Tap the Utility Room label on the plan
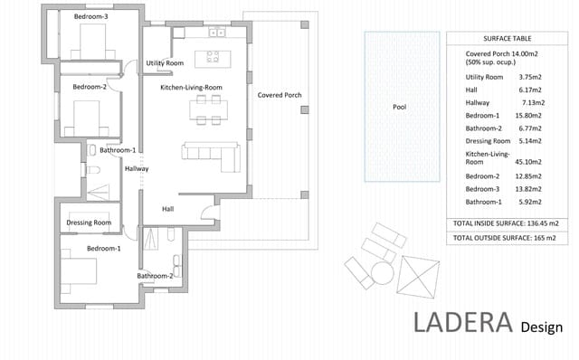point(165,63)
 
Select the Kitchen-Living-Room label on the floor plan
point(191,87)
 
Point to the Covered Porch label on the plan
point(280,95)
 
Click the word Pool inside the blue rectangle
point(399,107)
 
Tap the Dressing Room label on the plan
point(90,222)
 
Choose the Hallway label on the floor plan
point(137,168)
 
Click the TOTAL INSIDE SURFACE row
point(505,223)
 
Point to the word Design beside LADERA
point(542,327)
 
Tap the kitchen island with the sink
point(214,59)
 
